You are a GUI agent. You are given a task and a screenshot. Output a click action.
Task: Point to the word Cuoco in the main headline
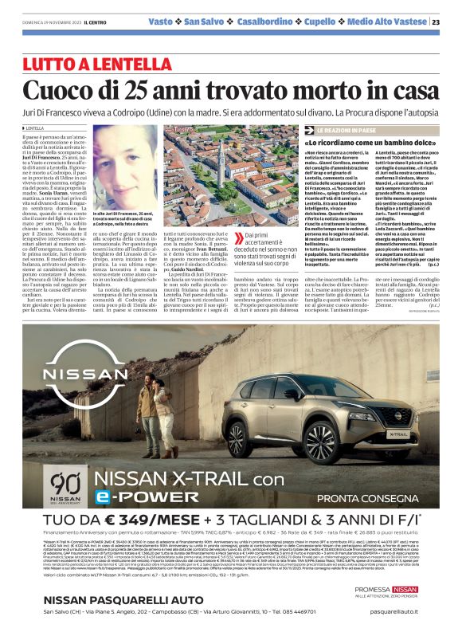coord(58,88)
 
